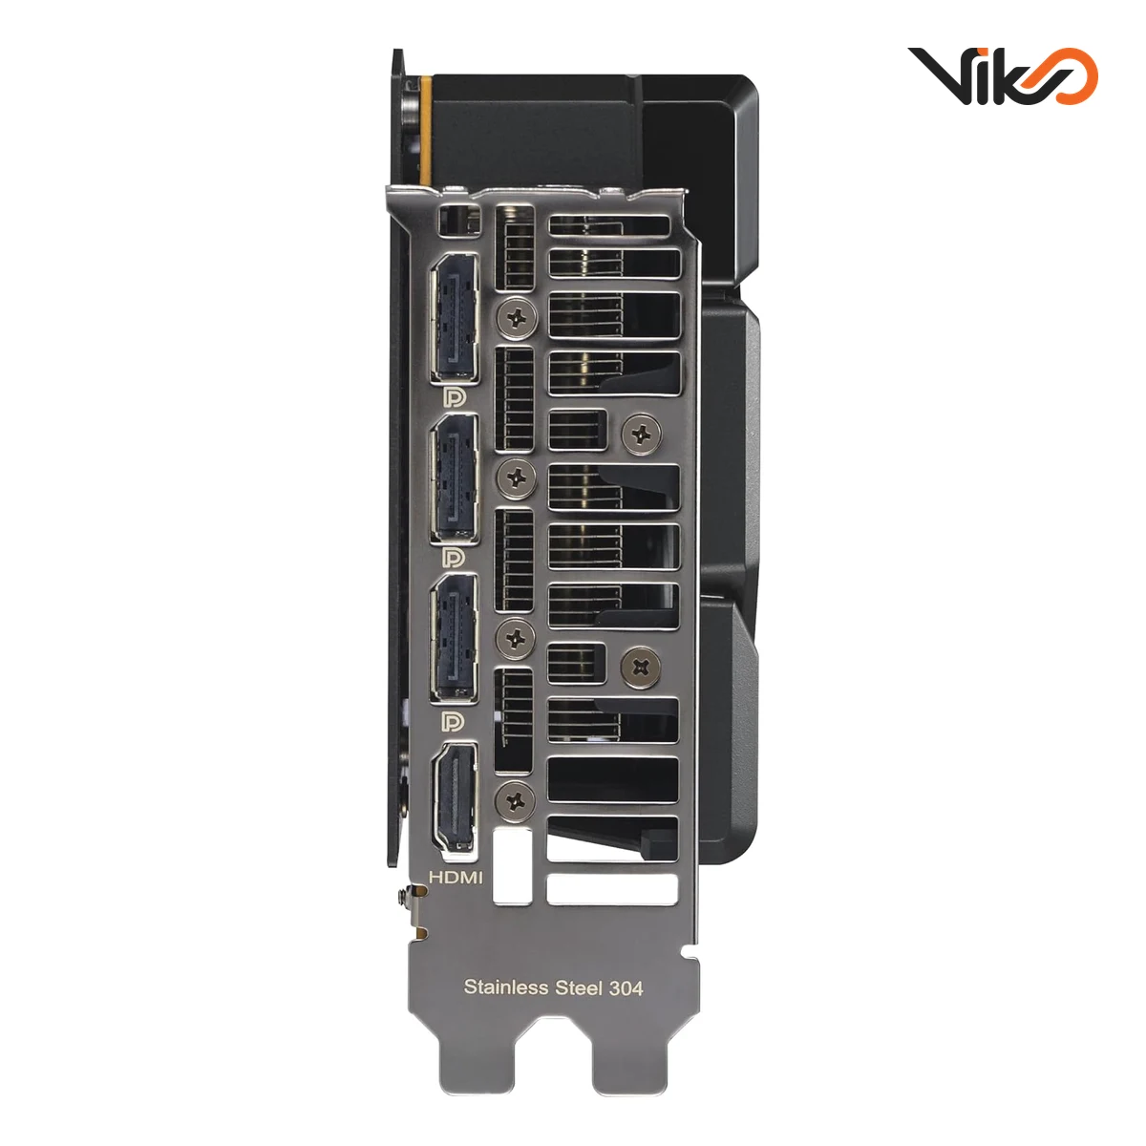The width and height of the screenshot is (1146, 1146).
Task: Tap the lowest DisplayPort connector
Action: click(454, 639)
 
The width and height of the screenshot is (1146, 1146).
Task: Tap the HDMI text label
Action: click(456, 876)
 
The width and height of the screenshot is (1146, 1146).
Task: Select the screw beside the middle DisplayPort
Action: click(518, 477)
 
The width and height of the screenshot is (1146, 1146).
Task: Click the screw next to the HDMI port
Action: click(518, 796)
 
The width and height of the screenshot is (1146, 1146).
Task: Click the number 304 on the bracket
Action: click(626, 987)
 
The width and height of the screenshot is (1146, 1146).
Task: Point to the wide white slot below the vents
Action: click(612, 889)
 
